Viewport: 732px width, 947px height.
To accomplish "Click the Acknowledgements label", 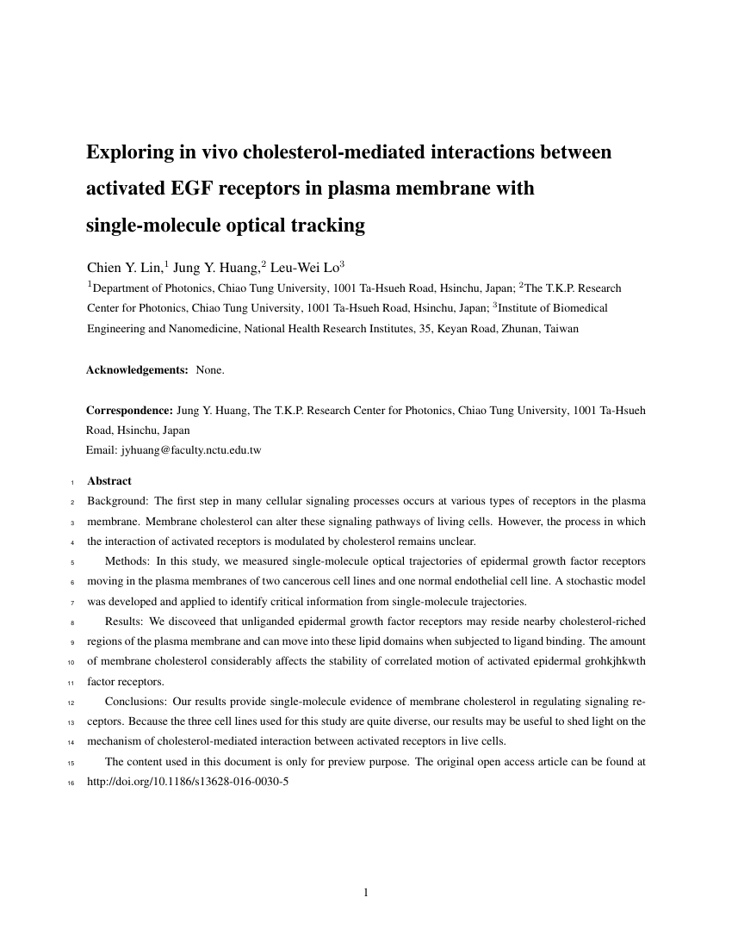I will pos(137,370).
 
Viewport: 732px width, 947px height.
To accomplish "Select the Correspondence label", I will pos(129,411).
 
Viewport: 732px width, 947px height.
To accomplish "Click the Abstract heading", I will pos(109,481).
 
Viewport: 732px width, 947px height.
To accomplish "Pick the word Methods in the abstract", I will pos(127,560).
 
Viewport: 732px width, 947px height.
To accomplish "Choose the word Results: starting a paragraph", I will pos(125,621).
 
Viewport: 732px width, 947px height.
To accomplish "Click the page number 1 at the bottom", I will pos(366,893).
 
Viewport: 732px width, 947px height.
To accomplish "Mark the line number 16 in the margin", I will pos(72,783).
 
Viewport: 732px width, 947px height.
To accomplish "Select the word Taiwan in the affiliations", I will pos(561,328).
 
